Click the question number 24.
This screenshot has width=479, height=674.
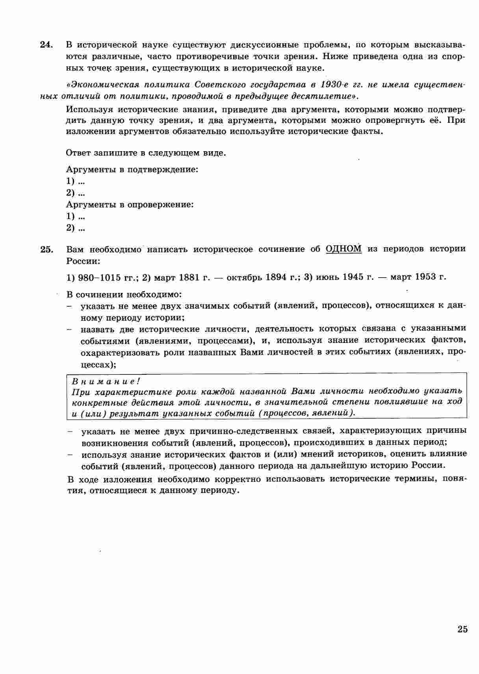click(46, 44)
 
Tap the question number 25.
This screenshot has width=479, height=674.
click(46, 249)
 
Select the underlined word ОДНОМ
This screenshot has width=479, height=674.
click(343, 249)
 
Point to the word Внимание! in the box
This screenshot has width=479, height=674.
click(106, 381)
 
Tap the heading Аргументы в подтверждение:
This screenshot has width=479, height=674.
click(132, 170)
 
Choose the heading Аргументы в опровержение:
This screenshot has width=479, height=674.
click(130, 205)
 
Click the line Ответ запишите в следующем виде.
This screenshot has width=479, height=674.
click(146, 153)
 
